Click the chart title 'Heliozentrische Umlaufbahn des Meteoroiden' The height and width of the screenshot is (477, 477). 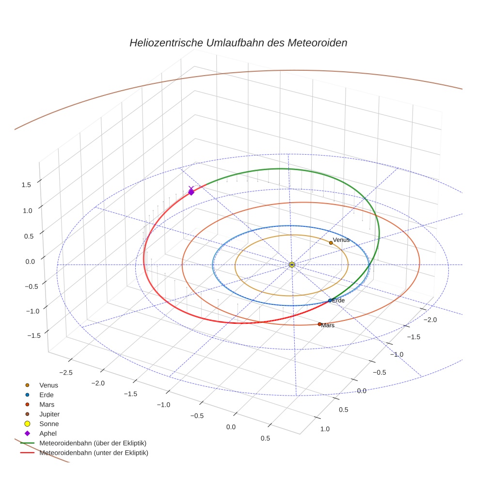[238, 43]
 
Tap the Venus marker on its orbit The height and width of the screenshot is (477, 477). [331, 242]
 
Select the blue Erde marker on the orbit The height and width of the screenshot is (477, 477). [330, 301]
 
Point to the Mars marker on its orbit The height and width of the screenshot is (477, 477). [319, 324]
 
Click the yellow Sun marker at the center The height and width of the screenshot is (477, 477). [291, 264]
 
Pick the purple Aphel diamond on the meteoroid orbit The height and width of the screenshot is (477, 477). [191, 192]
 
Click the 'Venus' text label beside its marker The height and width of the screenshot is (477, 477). [341, 240]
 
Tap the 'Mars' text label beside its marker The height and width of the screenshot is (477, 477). [328, 326]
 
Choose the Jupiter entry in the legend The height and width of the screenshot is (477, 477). [49, 414]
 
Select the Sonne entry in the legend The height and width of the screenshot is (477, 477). [49, 424]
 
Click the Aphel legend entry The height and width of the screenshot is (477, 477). [48, 433]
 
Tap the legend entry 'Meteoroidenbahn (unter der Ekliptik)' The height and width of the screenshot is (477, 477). [94, 453]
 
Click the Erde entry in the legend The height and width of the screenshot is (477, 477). [47, 395]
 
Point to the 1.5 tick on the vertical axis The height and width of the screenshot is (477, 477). [26, 185]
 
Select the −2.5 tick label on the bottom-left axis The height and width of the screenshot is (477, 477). [65, 372]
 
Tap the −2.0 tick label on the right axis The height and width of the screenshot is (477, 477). [430, 319]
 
